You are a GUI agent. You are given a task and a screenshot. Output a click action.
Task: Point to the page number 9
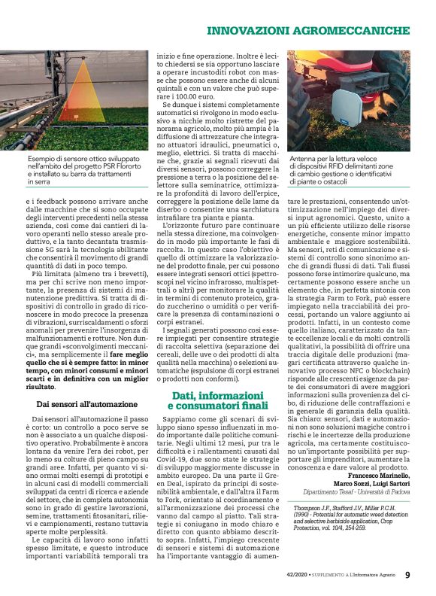(x=407, y=575)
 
